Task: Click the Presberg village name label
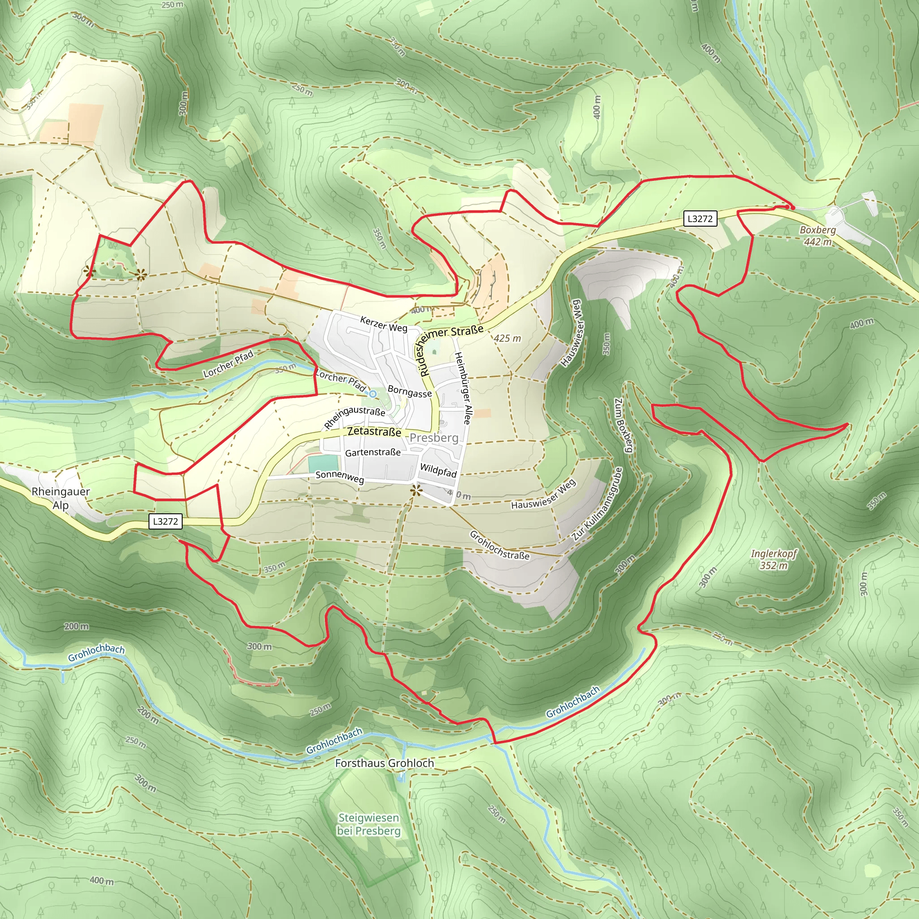[x=434, y=438]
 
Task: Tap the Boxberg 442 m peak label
[x=818, y=236]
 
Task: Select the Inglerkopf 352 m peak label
[x=774, y=560]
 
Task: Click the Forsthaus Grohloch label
[x=385, y=763]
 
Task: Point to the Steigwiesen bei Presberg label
[x=369, y=824]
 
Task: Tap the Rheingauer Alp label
[x=61, y=498]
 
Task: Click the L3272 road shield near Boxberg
[x=700, y=219]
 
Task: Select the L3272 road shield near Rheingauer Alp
[x=165, y=521]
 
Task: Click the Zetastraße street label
[x=374, y=431]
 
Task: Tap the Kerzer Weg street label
[x=384, y=324]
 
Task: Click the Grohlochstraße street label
[x=499, y=545]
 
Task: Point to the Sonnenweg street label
[x=340, y=477]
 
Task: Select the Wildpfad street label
[x=438, y=470]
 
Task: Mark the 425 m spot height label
[x=507, y=338]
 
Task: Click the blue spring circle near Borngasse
[x=373, y=394]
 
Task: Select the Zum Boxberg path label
[x=624, y=425]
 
